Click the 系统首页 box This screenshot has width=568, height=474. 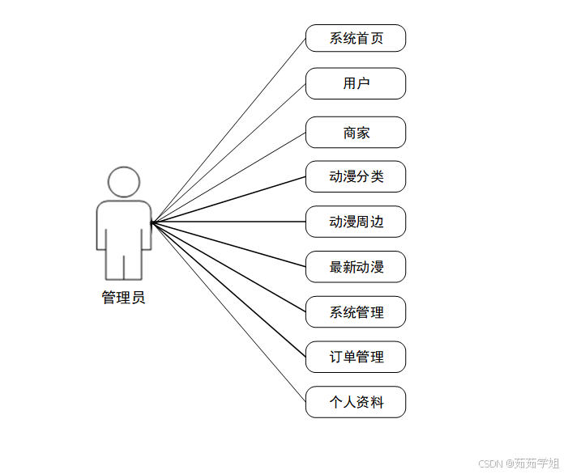(x=355, y=38)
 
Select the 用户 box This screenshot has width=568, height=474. (x=355, y=83)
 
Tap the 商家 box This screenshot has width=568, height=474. (x=355, y=133)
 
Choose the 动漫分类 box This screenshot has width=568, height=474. (x=355, y=176)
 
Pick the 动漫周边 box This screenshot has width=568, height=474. (x=355, y=222)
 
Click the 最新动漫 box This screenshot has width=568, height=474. (x=355, y=267)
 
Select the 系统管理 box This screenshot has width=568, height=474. (x=355, y=312)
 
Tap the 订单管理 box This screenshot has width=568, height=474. (x=355, y=357)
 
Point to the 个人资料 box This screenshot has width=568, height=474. (x=355, y=402)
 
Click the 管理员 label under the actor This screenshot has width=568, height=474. (x=123, y=298)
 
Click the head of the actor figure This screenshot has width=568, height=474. (x=124, y=182)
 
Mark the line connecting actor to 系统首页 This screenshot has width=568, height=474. (x=228, y=130)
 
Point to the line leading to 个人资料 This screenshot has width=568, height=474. (x=228, y=311)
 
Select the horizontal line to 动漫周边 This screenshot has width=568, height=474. (x=228, y=222)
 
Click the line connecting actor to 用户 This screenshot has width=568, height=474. (x=228, y=153)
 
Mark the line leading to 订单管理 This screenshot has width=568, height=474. (x=228, y=289)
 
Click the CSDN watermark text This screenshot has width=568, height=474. (x=518, y=463)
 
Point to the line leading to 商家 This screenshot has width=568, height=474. (x=228, y=177)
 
